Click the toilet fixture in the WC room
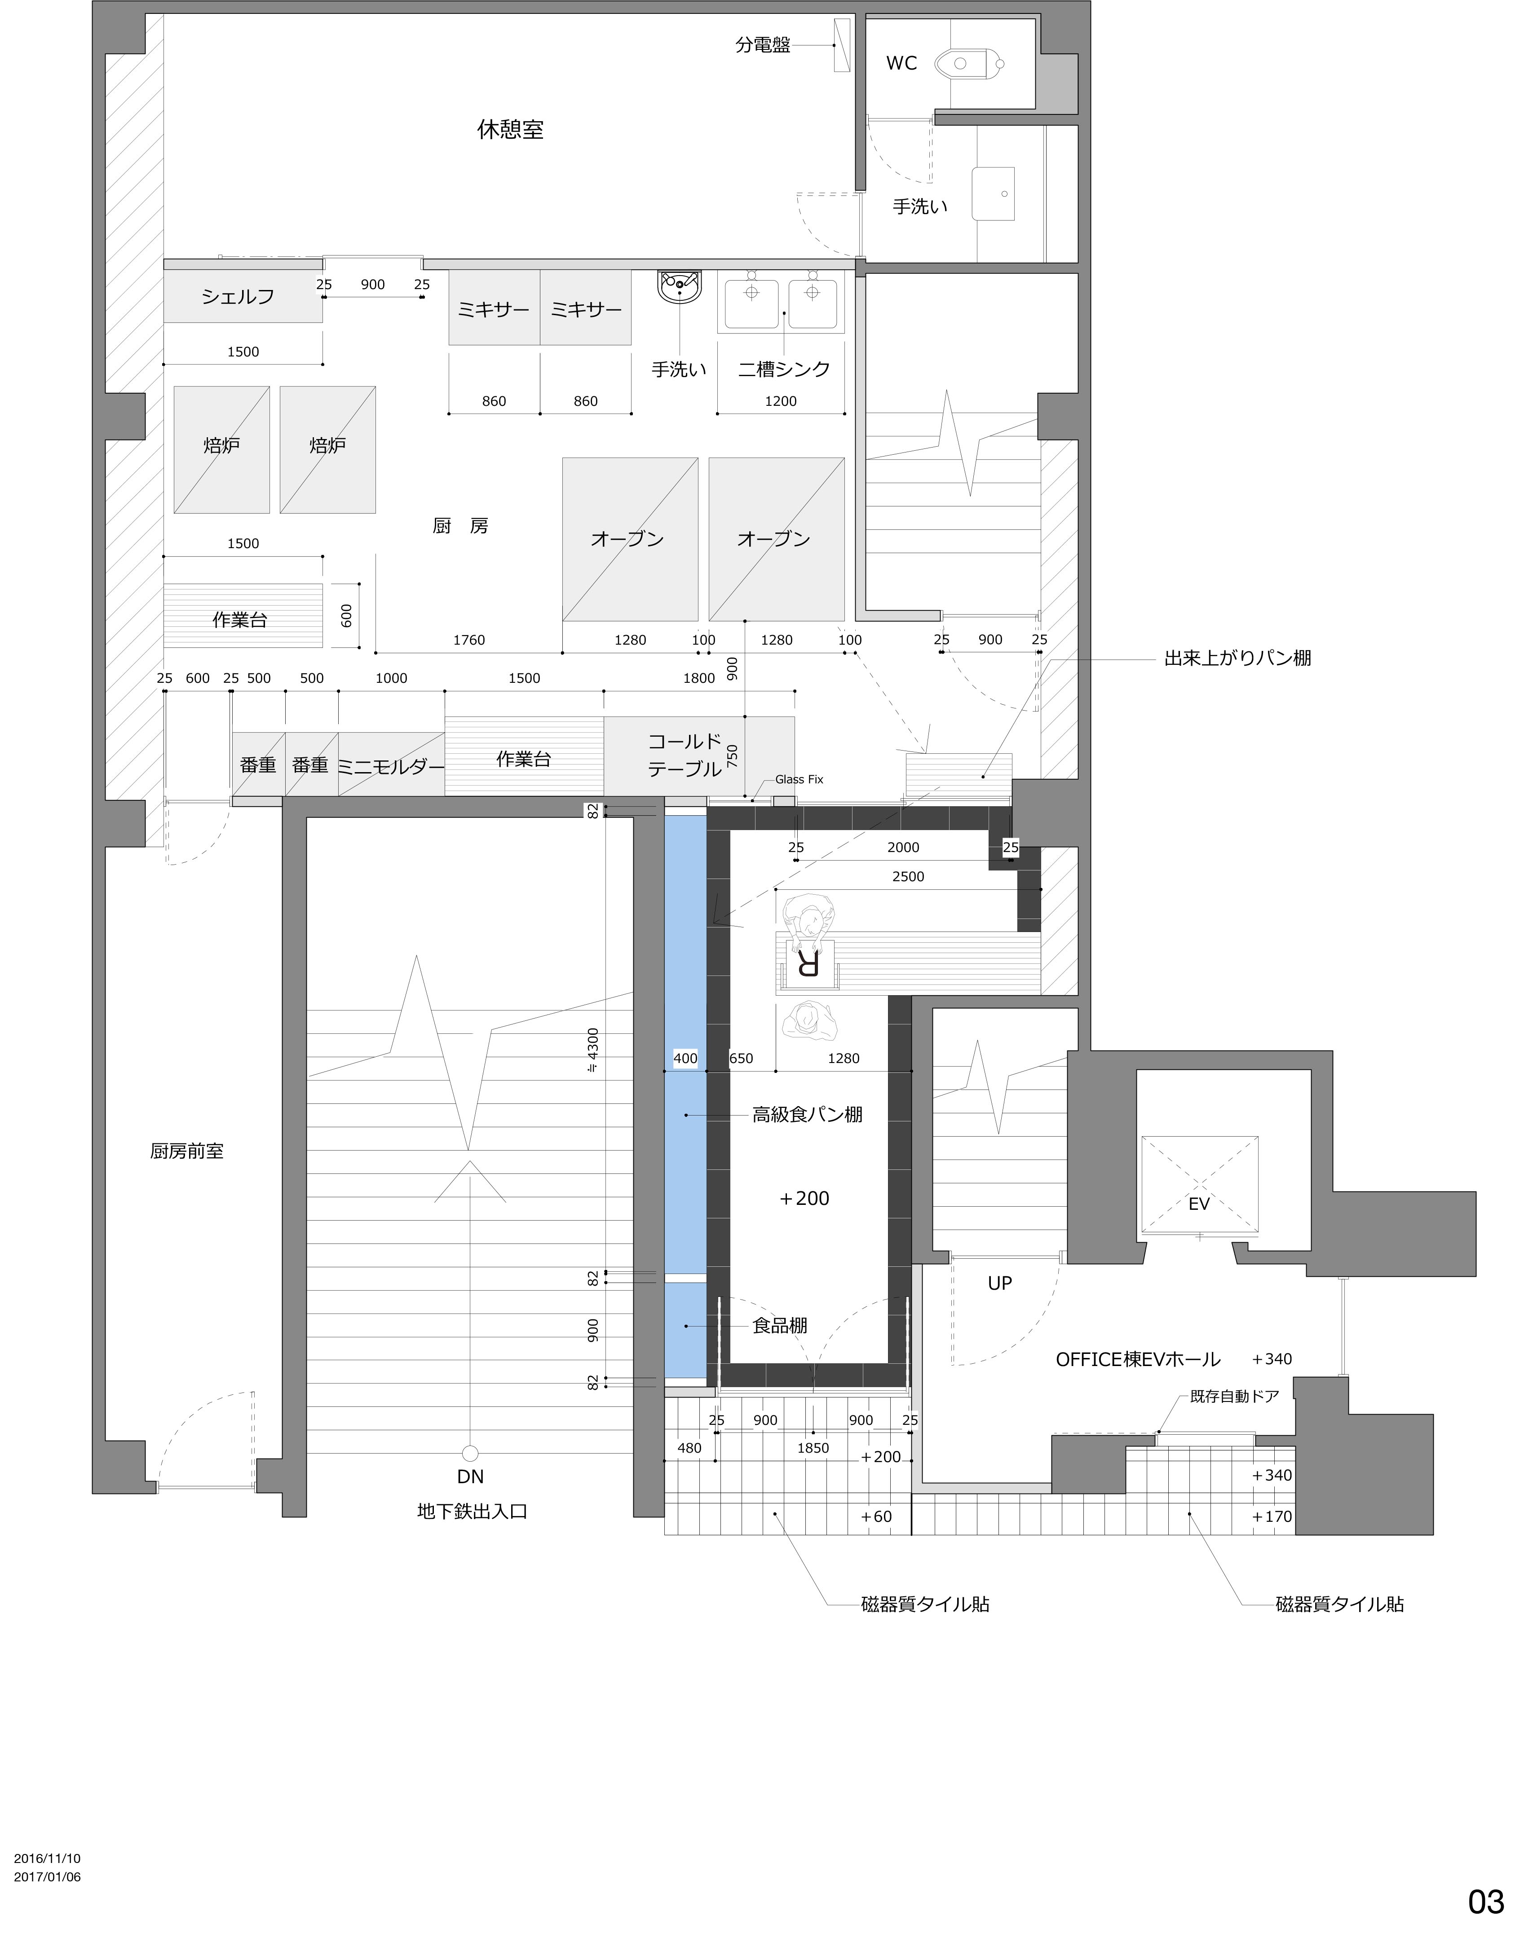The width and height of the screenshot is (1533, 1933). point(969,64)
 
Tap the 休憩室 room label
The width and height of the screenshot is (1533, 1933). point(510,129)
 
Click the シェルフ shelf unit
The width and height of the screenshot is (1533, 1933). point(242,297)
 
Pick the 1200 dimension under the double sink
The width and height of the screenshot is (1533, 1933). point(780,401)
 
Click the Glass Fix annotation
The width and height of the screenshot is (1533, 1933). point(799,779)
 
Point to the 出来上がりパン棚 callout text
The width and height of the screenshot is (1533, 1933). point(1238,658)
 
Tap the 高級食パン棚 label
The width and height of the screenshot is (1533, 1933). point(807,1115)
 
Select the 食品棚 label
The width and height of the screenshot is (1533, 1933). point(779,1325)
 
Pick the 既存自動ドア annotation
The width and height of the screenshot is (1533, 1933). point(1234,1396)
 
